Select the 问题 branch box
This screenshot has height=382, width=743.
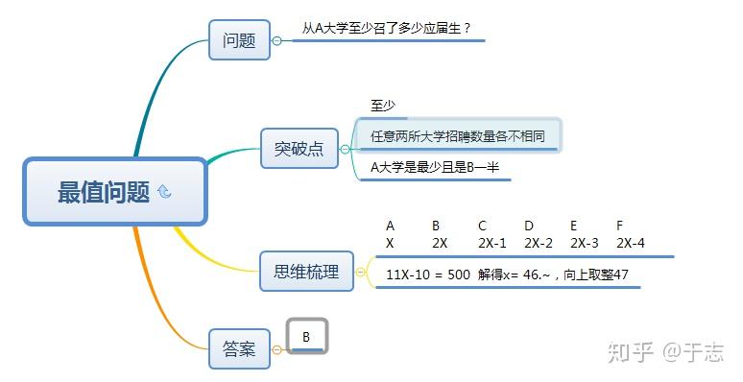(238, 40)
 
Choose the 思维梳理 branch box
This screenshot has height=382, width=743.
(306, 272)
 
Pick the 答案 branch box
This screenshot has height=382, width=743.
(239, 349)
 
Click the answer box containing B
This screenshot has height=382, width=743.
(307, 337)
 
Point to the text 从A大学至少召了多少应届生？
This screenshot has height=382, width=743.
(386, 29)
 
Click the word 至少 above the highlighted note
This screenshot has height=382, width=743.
(383, 106)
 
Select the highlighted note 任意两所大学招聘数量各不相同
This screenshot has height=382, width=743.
(458, 136)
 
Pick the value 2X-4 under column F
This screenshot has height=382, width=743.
(631, 244)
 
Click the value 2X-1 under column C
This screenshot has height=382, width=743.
(492, 244)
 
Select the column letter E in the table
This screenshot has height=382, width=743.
(574, 226)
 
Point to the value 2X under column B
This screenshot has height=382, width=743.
(440, 244)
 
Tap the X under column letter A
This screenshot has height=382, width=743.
(390, 244)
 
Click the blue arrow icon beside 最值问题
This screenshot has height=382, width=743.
(164, 192)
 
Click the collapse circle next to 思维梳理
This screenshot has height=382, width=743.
(361, 273)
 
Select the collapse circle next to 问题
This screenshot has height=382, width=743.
(277, 40)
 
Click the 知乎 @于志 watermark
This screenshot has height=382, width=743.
(665, 353)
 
